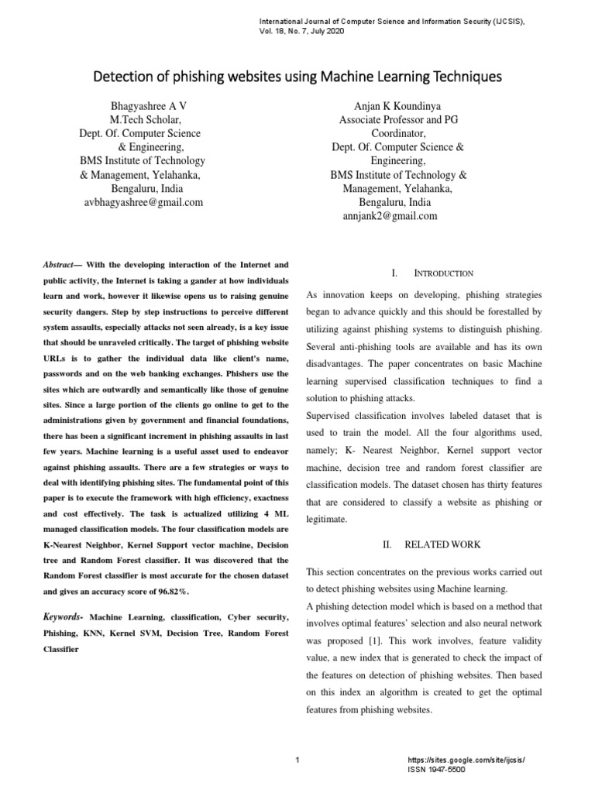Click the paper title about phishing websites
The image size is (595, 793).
click(297, 77)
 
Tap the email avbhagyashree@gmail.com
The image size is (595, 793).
click(143, 203)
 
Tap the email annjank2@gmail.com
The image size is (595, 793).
click(390, 217)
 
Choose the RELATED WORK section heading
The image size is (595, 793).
click(443, 545)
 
